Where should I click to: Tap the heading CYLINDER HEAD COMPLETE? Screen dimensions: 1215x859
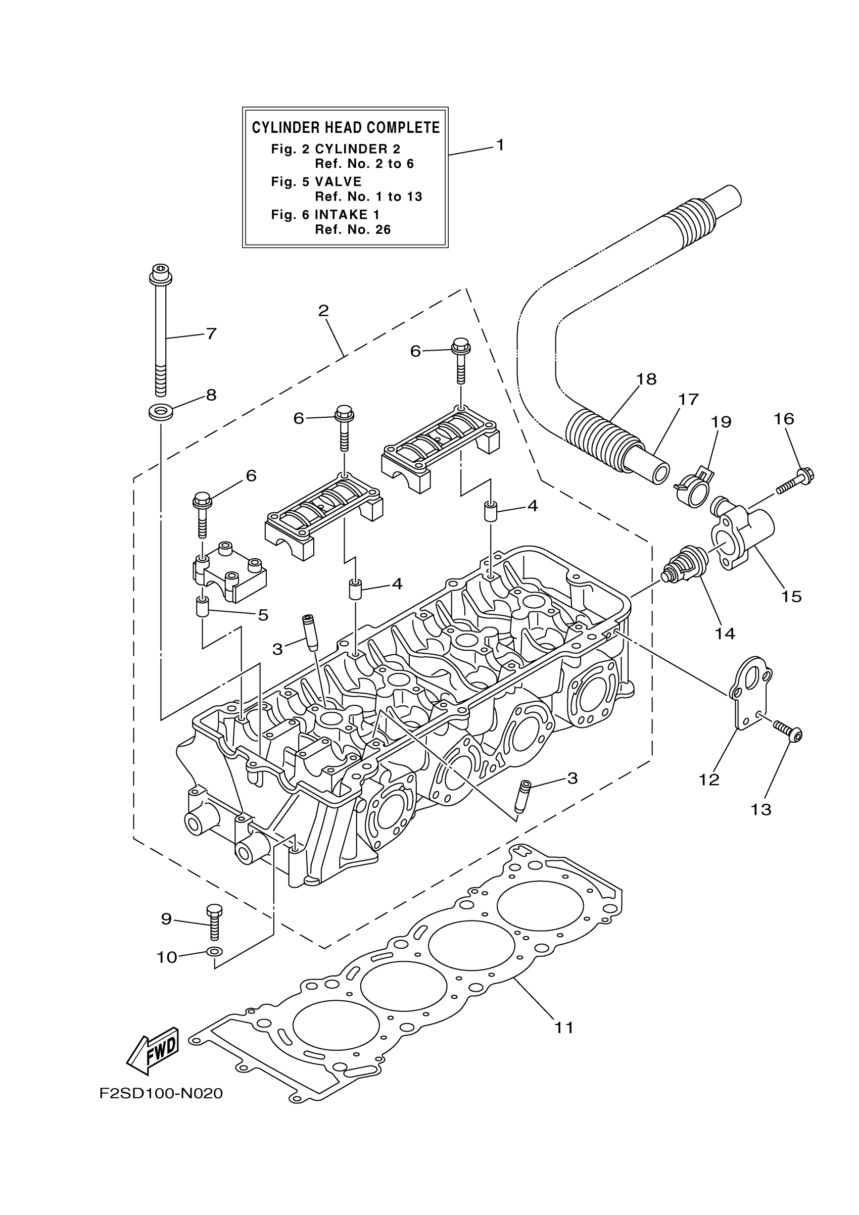346,127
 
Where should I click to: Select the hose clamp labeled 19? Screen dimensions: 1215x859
693,486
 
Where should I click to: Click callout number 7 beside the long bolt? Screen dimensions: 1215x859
211,334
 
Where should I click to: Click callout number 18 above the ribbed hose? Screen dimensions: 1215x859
646,379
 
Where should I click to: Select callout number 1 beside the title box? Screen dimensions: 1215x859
500,144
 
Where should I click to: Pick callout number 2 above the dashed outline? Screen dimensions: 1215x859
323,311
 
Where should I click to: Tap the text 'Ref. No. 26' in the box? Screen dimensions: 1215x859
353,230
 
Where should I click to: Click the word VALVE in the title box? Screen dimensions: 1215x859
338,181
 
